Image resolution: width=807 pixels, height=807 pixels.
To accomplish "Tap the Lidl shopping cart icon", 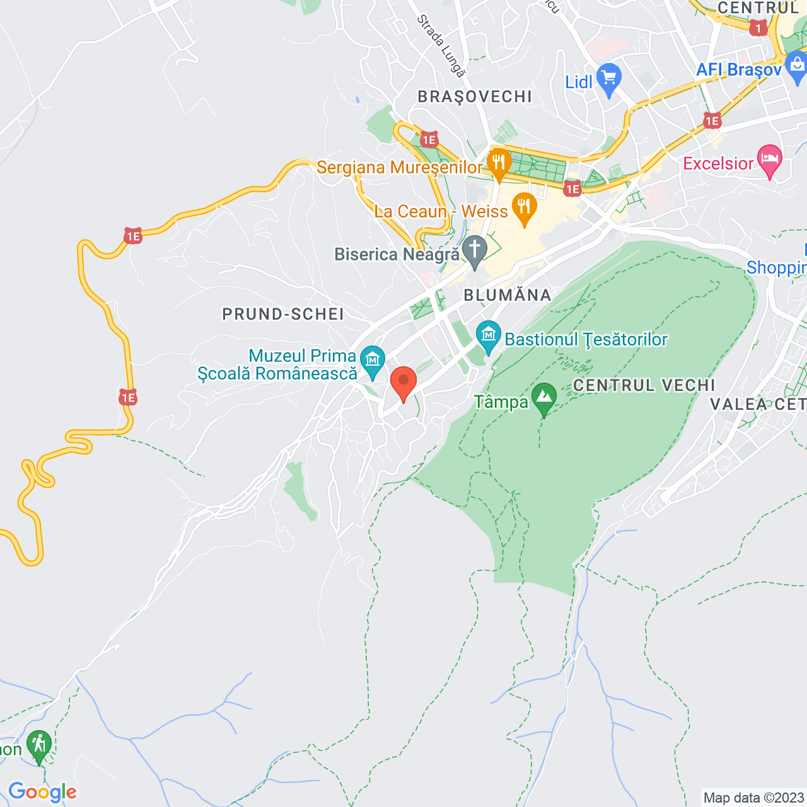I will click(608, 79).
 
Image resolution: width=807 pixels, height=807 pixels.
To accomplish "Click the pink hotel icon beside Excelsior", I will click(769, 160).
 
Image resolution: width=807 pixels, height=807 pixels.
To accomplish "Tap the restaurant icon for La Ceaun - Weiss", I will click(524, 207).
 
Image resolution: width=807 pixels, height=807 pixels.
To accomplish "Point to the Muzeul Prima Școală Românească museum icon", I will click(373, 361).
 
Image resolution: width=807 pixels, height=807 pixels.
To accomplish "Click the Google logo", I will click(42, 792).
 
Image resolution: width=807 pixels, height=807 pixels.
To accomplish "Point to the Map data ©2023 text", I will click(753, 798).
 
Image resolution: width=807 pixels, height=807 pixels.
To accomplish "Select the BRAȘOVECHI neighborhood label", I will click(475, 96).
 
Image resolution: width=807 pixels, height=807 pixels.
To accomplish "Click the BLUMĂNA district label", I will click(508, 295).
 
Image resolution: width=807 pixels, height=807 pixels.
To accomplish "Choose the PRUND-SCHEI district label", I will click(283, 314).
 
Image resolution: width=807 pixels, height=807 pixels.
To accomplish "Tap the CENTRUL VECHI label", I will click(644, 385).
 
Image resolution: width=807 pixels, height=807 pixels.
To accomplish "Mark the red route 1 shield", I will click(758, 28).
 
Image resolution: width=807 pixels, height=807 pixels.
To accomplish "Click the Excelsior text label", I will click(719, 163).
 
